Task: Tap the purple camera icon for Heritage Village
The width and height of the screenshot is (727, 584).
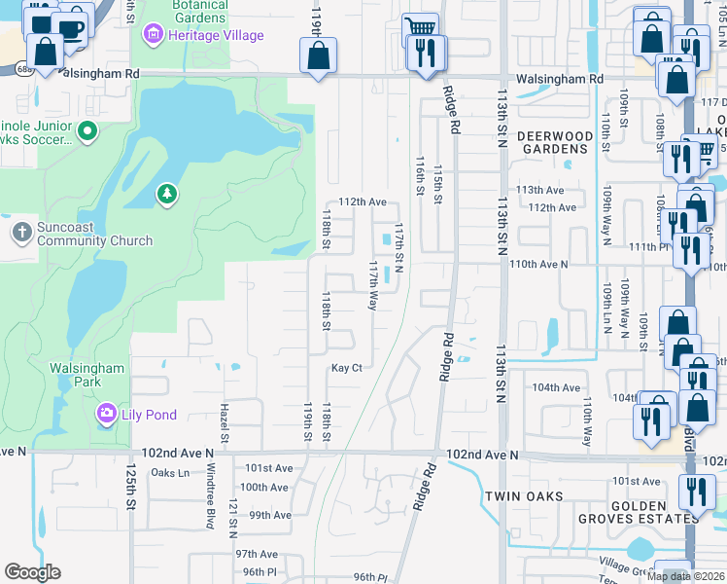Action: click(152, 36)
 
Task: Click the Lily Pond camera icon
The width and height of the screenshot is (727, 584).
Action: click(106, 415)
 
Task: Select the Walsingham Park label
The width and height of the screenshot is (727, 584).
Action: click(87, 376)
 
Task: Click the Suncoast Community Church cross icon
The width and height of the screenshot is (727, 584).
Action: click(21, 232)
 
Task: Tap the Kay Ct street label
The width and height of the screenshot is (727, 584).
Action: click(346, 368)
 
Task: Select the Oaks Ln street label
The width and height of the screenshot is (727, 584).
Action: click(170, 473)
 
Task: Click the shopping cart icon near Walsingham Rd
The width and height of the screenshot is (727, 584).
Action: click(419, 28)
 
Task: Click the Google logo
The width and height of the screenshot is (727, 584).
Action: click(32, 572)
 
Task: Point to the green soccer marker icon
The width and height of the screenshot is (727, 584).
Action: click(87, 129)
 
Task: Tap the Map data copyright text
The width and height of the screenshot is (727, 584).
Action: click(685, 576)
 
